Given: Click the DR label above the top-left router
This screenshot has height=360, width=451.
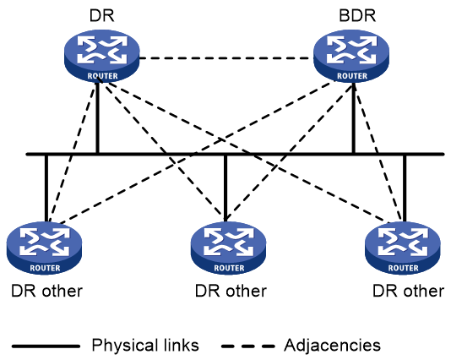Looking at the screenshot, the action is tap(102, 15).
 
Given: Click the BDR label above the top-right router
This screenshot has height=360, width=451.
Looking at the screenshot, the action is tap(357, 15).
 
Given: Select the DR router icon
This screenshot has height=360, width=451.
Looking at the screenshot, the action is tap(102, 56).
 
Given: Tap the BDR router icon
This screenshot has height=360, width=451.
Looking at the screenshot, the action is tap(351, 56).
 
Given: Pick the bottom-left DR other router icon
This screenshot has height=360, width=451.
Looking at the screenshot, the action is tap(44, 248).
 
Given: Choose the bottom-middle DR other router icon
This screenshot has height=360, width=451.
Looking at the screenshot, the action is tap(229, 248).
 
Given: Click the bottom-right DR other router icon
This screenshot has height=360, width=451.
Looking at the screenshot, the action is tap(403, 248).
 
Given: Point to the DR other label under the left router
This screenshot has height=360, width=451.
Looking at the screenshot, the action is tap(47, 291).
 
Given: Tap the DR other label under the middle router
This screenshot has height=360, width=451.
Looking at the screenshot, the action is tap(231, 291).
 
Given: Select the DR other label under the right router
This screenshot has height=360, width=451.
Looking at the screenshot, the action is tap(409, 291).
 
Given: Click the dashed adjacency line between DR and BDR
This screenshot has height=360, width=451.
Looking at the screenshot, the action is tap(226, 58).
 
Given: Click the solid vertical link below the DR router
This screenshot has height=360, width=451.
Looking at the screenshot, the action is tap(97, 117).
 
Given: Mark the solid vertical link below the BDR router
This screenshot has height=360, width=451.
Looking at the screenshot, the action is tap(354, 117).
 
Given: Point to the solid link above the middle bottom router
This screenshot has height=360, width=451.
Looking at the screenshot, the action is tap(225, 188).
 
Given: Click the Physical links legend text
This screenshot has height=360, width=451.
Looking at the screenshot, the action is tap(145, 345).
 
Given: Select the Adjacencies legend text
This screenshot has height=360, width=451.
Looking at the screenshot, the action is tap(332, 345).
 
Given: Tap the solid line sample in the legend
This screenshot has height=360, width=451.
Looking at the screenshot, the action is tap(46, 346).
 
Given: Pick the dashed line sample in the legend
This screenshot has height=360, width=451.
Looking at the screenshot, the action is tap(248, 346).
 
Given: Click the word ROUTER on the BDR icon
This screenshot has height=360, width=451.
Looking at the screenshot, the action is tap(352, 76).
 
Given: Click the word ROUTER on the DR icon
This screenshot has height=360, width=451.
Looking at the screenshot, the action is tap(103, 76).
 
